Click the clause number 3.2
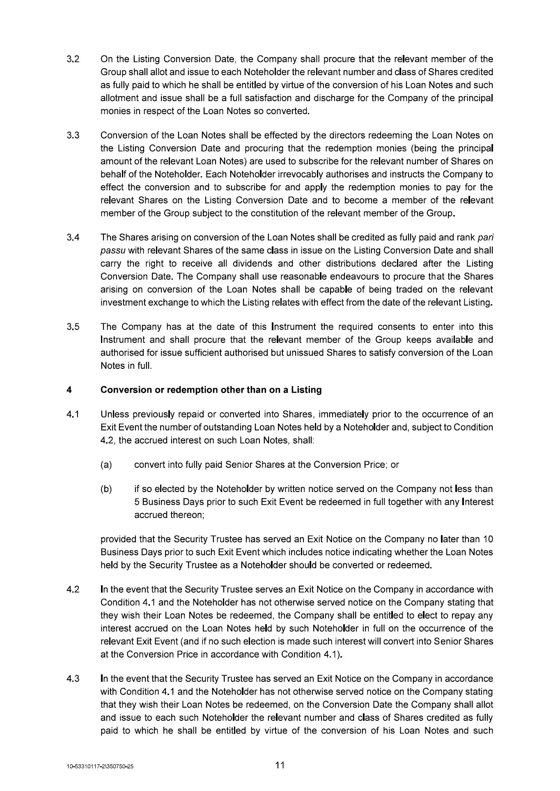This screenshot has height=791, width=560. click(x=73, y=59)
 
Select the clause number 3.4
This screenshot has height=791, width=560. click(x=73, y=238)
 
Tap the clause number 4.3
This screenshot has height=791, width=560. click(x=73, y=679)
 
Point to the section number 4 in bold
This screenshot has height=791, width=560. click(x=69, y=390)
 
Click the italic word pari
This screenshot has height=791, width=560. click(x=486, y=238)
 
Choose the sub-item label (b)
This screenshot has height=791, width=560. click(x=106, y=489)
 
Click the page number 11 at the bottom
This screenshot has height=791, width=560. click(x=280, y=765)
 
